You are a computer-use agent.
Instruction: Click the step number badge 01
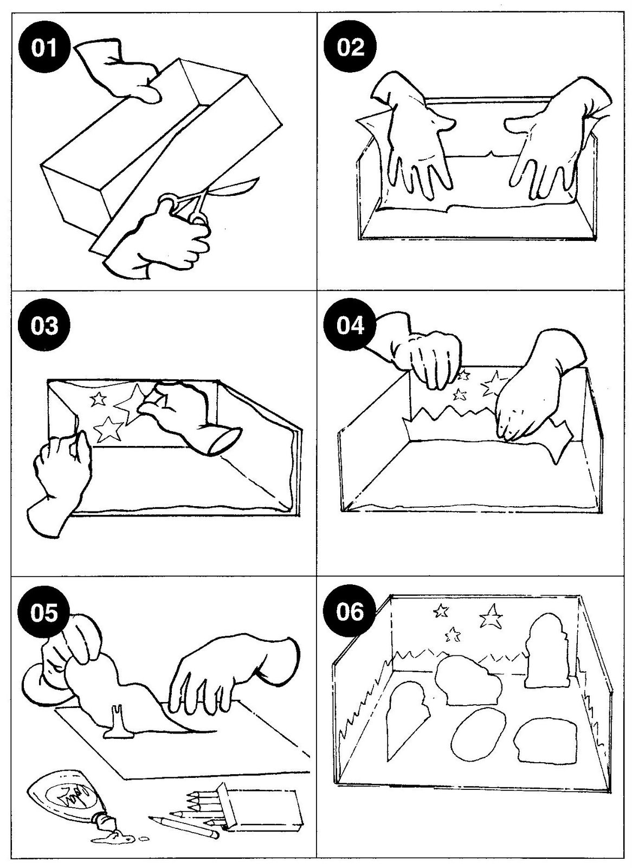pyautogui.click(x=44, y=48)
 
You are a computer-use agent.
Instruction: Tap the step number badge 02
pyautogui.click(x=351, y=48)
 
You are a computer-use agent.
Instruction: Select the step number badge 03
pyautogui.click(x=44, y=326)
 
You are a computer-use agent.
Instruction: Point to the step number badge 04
pyautogui.click(x=351, y=326)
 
